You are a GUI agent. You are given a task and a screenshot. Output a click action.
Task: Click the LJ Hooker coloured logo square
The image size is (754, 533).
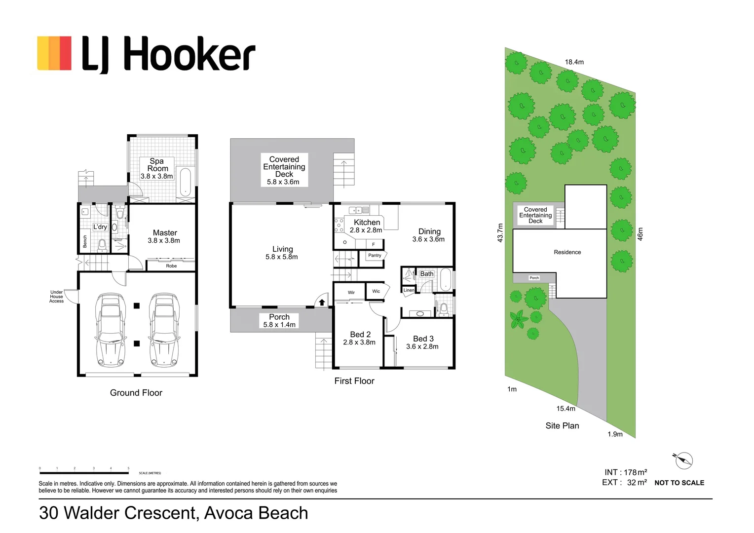tap(54, 53)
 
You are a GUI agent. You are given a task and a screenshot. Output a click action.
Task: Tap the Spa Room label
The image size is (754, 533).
tap(157, 165)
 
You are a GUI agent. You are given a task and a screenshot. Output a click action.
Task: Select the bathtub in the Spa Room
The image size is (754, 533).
tap(186, 182)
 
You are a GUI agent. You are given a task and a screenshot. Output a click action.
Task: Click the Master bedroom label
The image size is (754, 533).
tap(165, 232)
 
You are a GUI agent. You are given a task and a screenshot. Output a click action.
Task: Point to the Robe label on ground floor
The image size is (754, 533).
tap(171, 266)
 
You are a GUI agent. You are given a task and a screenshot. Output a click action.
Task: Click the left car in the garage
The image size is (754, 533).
tap(110, 330)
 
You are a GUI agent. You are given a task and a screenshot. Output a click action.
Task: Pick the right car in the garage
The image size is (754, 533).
tap(164, 330)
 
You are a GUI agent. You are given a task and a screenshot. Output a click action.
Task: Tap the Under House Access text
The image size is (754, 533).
tap(57, 297)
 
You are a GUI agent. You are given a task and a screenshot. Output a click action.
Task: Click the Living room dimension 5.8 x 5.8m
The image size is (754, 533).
tap(282, 257)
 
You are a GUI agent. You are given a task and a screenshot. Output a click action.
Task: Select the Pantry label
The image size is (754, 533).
tap(375, 255)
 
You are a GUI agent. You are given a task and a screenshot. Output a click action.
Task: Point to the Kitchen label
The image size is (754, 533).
tap(367, 222)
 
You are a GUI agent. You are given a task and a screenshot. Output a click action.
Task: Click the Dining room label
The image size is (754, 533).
tap(429, 231)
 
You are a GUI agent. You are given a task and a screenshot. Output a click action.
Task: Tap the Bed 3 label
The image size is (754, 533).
tap(423, 339)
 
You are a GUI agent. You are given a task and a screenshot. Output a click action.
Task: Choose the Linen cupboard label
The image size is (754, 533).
tap(409, 290)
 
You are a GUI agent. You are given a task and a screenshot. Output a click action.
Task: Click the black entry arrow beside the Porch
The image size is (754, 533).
tap(322, 303)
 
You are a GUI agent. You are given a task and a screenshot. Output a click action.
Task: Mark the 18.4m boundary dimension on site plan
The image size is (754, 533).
tap(574, 62)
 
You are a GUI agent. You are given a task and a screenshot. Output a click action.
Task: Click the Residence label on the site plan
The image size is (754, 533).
tap(567, 252)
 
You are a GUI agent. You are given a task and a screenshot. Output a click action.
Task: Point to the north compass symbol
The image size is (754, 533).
tap(683, 460)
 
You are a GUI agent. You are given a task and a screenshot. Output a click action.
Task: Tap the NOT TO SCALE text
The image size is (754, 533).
tap(679, 483)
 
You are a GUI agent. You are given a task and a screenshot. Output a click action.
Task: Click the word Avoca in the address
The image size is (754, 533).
tap(228, 513)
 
